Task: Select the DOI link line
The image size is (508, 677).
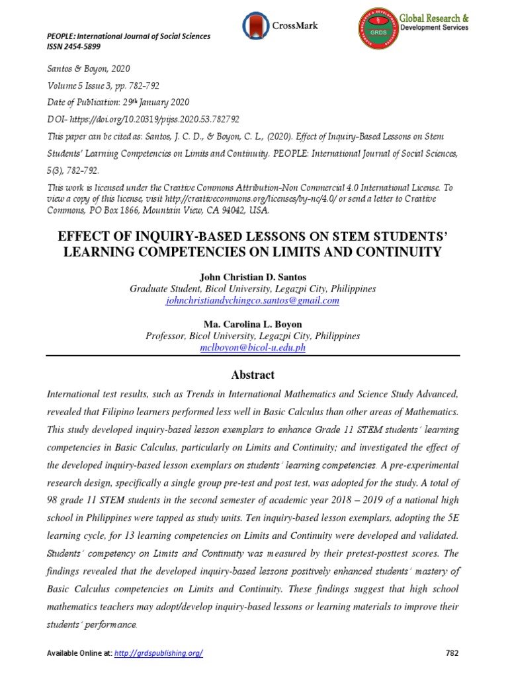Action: point(143,119)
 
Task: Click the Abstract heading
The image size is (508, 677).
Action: point(252,375)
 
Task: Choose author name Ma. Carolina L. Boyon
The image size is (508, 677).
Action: point(253,324)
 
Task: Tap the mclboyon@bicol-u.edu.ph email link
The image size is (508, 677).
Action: point(253,348)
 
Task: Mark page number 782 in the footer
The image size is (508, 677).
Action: point(452,653)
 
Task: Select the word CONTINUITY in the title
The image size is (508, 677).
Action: point(392,252)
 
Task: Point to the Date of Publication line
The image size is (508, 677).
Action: point(118,102)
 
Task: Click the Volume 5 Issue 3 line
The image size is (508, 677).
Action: point(103,85)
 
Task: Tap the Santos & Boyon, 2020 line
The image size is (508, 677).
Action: point(88,68)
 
